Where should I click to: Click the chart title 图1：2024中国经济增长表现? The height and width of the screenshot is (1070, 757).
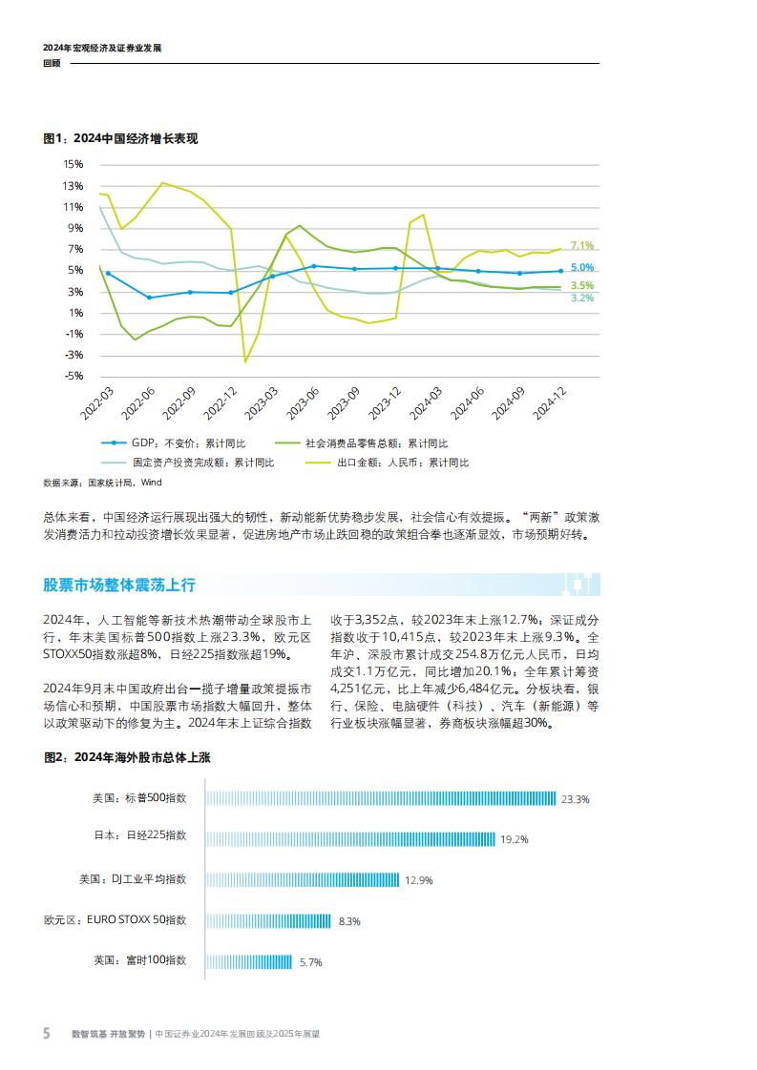pyautogui.click(x=120, y=138)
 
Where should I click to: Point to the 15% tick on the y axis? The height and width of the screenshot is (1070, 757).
pyautogui.click(x=74, y=165)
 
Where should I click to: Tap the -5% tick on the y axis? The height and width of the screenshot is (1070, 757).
pyautogui.click(x=74, y=376)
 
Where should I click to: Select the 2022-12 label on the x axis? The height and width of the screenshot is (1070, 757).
pyautogui.click(x=219, y=404)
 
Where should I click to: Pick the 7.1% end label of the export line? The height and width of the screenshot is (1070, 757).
pyautogui.click(x=582, y=245)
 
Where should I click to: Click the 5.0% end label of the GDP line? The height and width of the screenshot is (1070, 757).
pyautogui.click(x=582, y=268)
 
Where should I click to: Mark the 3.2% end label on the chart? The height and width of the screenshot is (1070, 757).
pyautogui.click(x=582, y=298)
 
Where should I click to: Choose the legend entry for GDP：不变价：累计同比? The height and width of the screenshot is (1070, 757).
pyautogui.click(x=189, y=443)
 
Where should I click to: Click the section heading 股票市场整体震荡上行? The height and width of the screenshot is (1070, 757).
pyautogui.click(x=119, y=585)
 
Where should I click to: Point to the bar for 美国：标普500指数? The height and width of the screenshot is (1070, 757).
pyautogui.click(x=381, y=798)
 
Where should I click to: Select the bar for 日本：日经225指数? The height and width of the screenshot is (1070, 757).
pyautogui.click(x=350, y=839)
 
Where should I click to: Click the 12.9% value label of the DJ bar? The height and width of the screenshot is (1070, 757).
pyautogui.click(x=419, y=880)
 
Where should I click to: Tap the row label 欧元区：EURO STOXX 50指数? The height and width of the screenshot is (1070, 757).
pyautogui.click(x=116, y=920)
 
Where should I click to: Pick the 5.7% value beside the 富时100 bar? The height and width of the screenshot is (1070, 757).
pyautogui.click(x=310, y=962)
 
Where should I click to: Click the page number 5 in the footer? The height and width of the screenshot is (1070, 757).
pyautogui.click(x=46, y=1034)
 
